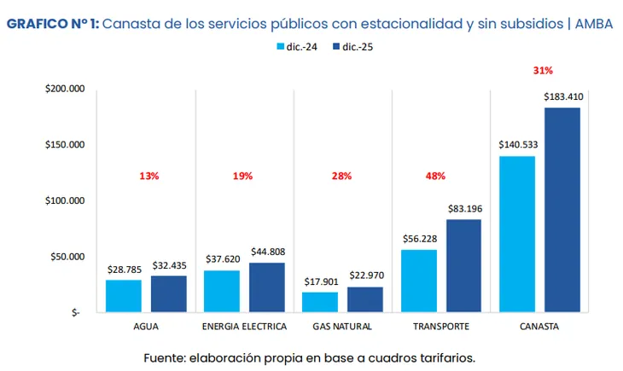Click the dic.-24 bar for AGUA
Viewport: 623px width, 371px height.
pyautogui.click(x=124, y=296)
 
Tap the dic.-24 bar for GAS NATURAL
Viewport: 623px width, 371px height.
pyautogui.click(x=320, y=302)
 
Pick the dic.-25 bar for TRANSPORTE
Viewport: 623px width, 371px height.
pyautogui.click(x=463, y=266)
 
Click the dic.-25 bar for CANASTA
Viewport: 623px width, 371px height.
pyautogui.click(x=562, y=210)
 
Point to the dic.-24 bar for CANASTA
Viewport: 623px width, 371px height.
pyautogui.click(x=517, y=234)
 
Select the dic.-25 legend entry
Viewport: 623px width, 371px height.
pyautogui.click(x=349, y=48)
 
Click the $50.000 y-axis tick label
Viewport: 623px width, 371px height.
pyautogui.click(x=67, y=257)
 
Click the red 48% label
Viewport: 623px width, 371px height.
pyautogui.click(x=435, y=177)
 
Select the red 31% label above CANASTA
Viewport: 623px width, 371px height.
pyautogui.click(x=543, y=70)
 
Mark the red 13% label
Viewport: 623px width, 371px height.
pyautogui.click(x=148, y=177)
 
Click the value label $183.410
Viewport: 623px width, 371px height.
pyautogui.click(x=563, y=96)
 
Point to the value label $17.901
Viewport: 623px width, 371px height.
pyautogui.click(x=320, y=281)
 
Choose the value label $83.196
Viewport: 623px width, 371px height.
pyautogui.click(x=463, y=208)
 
